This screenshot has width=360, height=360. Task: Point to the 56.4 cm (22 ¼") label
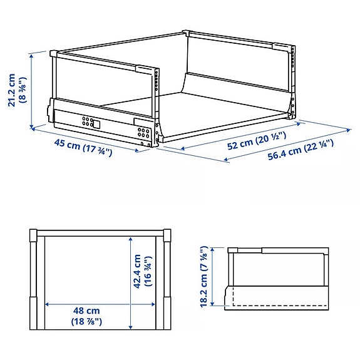tap(301, 153)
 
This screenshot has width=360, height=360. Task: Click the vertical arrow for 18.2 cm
tap(215, 277)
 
